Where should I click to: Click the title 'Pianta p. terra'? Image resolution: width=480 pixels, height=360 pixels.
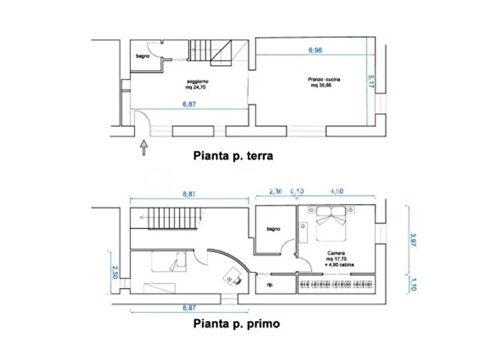pyautogui.click(x=233, y=156)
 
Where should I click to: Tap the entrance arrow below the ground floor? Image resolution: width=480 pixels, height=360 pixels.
pyautogui.click(x=143, y=147)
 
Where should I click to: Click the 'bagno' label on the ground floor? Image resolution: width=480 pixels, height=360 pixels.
pyautogui.click(x=143, y=56)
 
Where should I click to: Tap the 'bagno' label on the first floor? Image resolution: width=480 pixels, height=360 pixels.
pyautogui.click(x=274, y=229)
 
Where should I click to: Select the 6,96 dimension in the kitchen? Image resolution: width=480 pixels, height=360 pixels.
pyautogui.click(x=315, y=50)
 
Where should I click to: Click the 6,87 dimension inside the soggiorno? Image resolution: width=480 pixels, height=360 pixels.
pyautogui.click(x=189, y=104)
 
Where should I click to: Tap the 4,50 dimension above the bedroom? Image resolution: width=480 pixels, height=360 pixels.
pyautogui.click(x=339, y=191)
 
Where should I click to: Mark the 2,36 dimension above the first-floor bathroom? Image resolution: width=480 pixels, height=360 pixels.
pyautogui.click(x=276, y=191)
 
